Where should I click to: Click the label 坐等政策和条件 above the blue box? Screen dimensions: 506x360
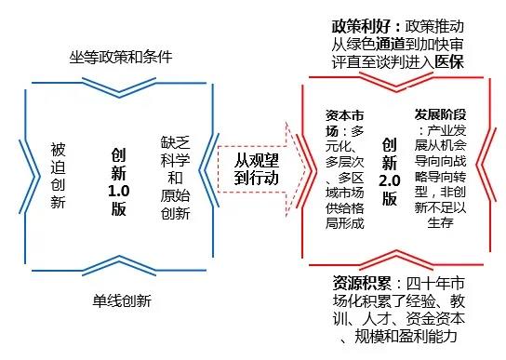pos(121,57)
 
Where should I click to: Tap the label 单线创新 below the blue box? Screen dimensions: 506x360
pos(122,300)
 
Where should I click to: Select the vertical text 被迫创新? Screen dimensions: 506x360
pos(58,176)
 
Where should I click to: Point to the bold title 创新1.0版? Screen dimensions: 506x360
pos(119,181)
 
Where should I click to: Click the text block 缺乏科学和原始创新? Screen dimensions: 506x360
pos(175,178)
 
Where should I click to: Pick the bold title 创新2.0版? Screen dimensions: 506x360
pos(389,172)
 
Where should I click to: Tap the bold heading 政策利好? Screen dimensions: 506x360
pos(361,26)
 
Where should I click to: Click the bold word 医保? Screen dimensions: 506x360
pos(449,61)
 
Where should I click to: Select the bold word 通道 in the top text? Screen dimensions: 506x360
pos(390,45)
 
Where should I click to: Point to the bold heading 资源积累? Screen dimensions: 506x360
pos(362,283)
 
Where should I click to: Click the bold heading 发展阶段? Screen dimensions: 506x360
pos(441,114)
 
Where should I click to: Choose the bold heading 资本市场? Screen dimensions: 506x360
pos(345,123)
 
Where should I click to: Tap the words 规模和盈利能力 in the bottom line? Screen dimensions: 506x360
pos(406,336)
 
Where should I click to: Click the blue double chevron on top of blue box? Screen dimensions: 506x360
pos(119,87)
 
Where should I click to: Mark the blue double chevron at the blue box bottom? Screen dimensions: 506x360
pos(119,265)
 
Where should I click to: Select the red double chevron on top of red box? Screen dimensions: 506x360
pos(396,82)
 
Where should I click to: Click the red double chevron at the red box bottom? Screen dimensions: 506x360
pos(396,260)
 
